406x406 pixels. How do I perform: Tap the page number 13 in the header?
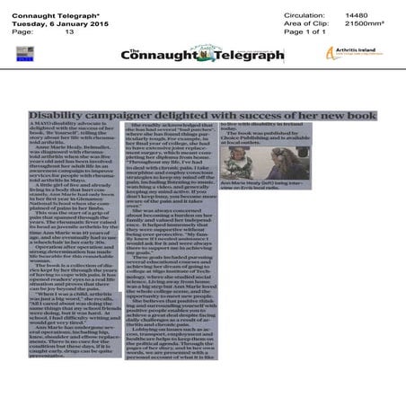pos(69,31)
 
